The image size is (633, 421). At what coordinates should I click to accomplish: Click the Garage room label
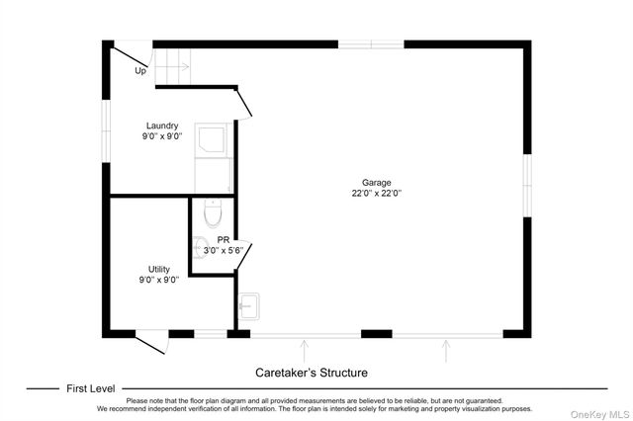376,183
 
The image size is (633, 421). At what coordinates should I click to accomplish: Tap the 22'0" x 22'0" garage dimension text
376,193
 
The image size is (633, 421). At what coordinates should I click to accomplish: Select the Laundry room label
162,126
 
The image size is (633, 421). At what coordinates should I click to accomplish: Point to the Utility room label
159,269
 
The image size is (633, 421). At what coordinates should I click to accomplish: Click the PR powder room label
224,240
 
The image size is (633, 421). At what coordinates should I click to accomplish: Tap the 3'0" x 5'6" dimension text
224,250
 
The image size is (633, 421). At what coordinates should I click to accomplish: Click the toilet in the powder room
213,212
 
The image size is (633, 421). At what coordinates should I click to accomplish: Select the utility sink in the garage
248,306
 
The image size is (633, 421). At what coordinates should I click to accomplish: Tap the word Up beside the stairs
140,71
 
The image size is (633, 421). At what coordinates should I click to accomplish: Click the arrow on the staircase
173,66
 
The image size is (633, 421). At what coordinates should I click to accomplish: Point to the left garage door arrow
304,351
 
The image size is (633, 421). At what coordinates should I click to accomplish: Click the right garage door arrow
446,351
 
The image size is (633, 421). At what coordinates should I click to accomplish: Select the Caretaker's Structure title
312,373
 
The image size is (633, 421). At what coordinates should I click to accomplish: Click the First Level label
90,388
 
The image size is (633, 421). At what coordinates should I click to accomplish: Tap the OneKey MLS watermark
599,414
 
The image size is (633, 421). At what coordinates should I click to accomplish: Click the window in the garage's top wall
371,44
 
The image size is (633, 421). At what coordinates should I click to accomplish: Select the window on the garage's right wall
527,186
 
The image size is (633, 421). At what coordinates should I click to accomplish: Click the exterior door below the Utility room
152,341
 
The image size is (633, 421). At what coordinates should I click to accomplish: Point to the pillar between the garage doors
376,334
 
